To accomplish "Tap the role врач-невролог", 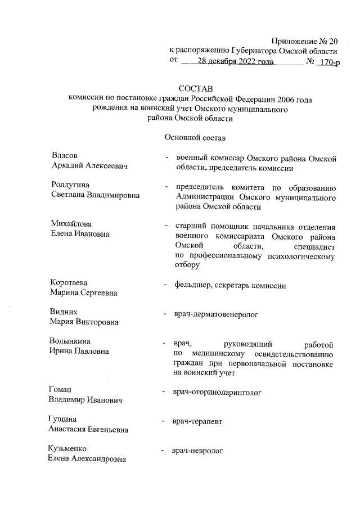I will coord(199,451).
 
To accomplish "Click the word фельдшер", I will coord(193,286).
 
